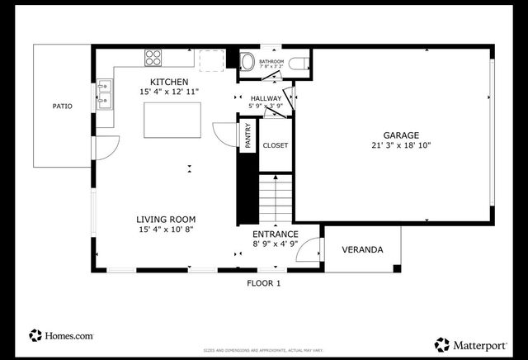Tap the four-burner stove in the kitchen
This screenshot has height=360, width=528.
(153, 57)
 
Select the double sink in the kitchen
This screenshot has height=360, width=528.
(105, 94)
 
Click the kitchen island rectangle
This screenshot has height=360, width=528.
(172, 121)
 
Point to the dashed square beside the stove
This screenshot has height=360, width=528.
(213, 59)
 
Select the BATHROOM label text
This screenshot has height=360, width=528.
(271, 62)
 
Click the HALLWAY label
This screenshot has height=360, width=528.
(266, 98)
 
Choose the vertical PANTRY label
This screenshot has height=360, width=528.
(247, 135)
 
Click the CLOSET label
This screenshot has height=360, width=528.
(275, 145)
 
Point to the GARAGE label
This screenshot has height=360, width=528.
(401, 135)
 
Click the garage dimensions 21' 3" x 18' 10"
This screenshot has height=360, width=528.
(401, 145)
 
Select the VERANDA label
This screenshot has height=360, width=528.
(362, 249)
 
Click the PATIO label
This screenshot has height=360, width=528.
(63, 106)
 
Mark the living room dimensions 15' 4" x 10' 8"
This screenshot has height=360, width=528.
(166, 230)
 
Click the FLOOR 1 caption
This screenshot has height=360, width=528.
(264, 283)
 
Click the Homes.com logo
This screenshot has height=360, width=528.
(62, 336)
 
